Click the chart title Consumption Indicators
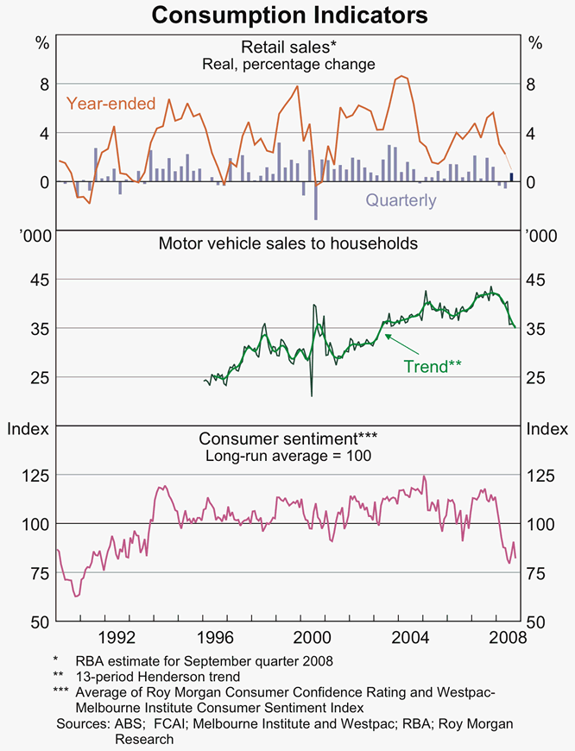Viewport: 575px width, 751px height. (287, 15)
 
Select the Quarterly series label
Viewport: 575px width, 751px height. (401, 200)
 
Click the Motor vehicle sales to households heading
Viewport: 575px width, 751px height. (287, 243)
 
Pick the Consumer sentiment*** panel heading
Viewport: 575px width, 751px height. (287, 438)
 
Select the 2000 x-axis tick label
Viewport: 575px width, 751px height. (312, 639)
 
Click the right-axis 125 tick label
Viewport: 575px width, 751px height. (542, 476)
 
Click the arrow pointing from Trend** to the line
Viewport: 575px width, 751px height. (394, 342)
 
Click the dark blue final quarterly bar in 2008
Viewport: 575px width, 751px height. (511, 177)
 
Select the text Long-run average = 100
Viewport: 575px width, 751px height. (287, 455)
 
